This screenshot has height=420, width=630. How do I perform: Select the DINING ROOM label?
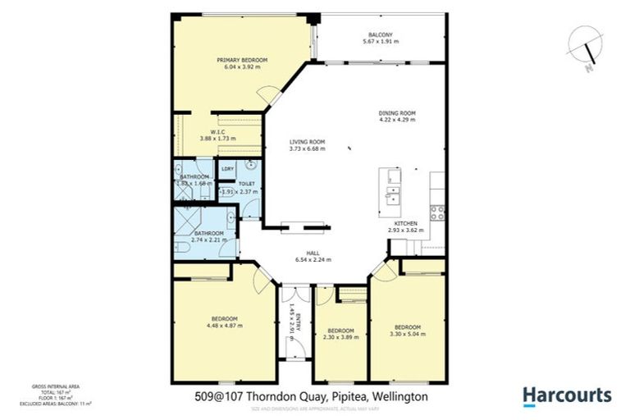pos(397,112)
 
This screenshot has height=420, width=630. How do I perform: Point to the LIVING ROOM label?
pos(307,141)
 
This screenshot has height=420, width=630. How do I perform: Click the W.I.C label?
pos(217,131)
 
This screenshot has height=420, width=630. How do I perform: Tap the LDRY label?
pos(226,169)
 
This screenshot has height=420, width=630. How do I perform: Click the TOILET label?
pos(247,184)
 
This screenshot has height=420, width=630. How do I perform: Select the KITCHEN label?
pos(405,223)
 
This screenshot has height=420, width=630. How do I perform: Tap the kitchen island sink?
pos(392,196)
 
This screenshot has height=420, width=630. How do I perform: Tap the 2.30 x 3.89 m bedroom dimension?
pos(340,336)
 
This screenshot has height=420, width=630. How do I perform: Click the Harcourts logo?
pos(567,395)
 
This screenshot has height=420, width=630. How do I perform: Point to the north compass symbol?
pos(585,48)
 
